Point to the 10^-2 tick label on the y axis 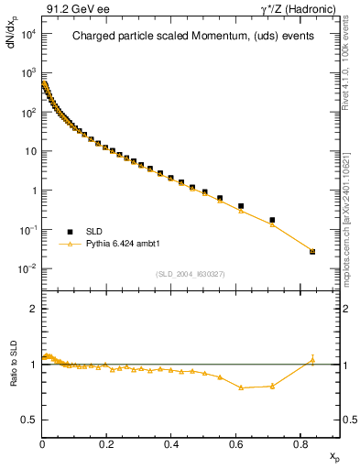[27, 268]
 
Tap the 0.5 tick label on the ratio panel [28, 420]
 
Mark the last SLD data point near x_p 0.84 [312, 251]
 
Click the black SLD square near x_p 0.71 [272, 220]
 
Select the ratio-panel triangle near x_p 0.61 [240, 387]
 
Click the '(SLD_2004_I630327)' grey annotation [191, 274]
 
